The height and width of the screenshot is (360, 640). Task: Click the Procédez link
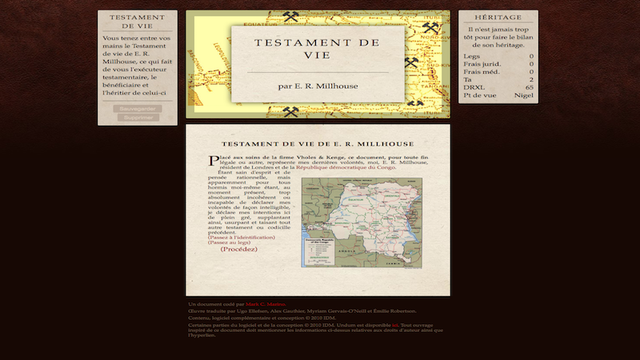click(x=239, y=249)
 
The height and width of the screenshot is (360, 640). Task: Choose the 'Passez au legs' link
click(x=229, y=242)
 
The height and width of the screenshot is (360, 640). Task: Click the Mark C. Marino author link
click(x=265, y=305)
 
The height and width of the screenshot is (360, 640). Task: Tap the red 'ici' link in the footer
click(x=395, y=326)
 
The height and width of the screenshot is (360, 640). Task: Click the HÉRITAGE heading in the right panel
click(x=498, y=17)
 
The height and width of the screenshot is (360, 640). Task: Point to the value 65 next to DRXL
click(x=530, y=87)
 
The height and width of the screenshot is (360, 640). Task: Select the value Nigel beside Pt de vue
click(x=524, y=95)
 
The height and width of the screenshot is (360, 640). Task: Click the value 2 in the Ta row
click(x=531, y=79)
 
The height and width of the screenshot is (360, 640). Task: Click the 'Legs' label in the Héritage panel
click(x=471, y=56)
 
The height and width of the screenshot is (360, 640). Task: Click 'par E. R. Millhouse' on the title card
click(x=318, y=86)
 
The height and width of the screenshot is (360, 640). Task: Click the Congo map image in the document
click(x=361, y=222)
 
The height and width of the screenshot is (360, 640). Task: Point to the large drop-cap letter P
click(x=213, y=161)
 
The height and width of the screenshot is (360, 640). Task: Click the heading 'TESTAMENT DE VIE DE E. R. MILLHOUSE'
click(x=318, y=143)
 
